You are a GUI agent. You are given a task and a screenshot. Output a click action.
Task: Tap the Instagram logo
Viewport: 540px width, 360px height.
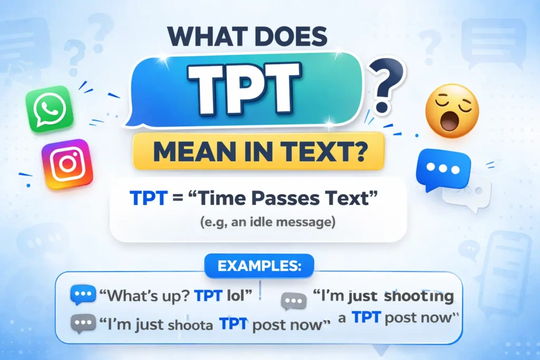pos(67,164)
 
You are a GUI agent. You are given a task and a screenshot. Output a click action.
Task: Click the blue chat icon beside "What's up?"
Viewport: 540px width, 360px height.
pos(83,295)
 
